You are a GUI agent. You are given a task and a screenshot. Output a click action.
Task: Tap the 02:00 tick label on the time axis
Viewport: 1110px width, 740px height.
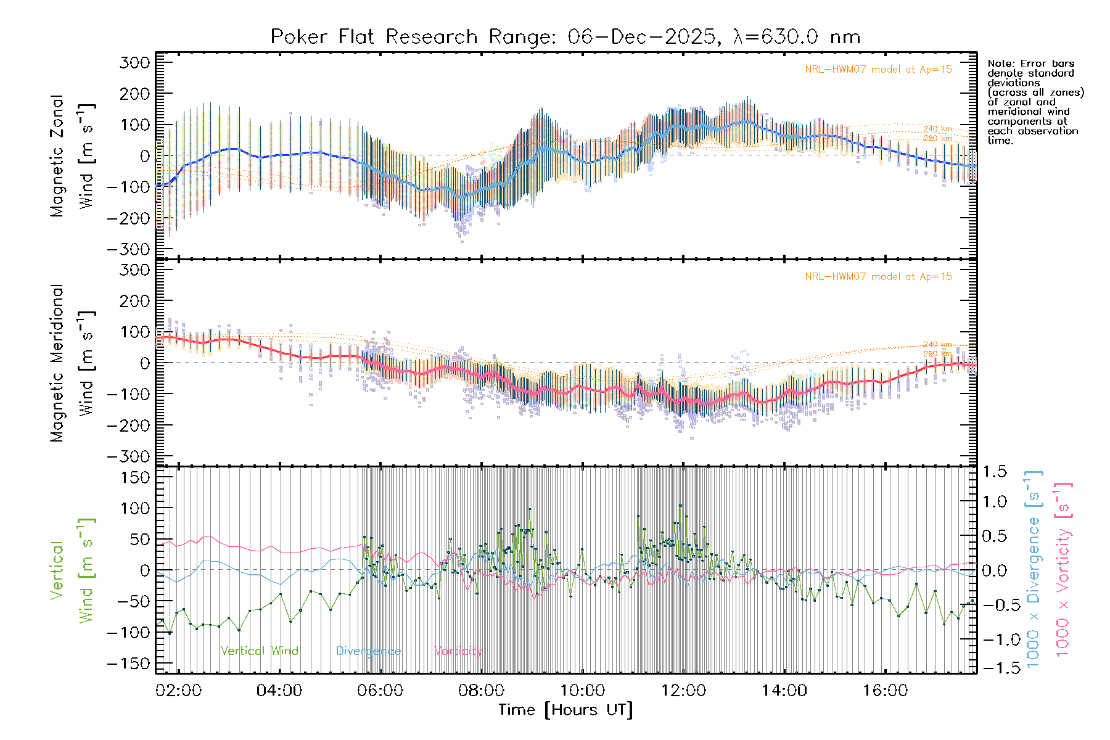178,690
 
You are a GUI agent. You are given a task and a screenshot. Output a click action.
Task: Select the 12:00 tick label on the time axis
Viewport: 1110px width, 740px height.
683,690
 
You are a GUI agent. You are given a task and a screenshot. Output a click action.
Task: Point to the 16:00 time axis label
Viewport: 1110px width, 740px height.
885,690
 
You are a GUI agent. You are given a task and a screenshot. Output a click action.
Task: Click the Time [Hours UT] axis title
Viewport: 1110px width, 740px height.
565,710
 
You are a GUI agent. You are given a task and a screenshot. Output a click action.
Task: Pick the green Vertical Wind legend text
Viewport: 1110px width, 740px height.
259,651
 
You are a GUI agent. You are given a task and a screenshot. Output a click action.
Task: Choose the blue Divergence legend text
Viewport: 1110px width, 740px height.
368,651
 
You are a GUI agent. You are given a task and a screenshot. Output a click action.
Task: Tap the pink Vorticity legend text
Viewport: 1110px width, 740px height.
458,651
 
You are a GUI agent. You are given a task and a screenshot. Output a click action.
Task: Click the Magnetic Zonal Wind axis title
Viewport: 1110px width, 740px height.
73,155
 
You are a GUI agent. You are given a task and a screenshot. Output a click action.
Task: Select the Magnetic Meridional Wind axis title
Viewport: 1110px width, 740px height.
73,363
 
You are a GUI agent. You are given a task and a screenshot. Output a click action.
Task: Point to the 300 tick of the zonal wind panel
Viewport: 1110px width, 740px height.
134,62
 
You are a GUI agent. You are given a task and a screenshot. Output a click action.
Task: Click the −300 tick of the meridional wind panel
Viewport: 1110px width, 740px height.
129,456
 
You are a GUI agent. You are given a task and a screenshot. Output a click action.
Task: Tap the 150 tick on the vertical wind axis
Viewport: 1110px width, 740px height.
134,477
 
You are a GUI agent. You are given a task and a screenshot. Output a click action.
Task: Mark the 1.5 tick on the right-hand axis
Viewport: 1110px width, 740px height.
994,472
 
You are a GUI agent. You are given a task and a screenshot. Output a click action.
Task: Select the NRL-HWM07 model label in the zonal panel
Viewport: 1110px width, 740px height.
878,70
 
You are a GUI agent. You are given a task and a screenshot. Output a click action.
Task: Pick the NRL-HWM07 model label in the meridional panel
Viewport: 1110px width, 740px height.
878,277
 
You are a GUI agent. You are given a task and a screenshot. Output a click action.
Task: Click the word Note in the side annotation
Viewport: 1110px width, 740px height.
1000,64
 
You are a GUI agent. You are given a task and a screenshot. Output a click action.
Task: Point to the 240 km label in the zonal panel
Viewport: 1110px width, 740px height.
937,129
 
